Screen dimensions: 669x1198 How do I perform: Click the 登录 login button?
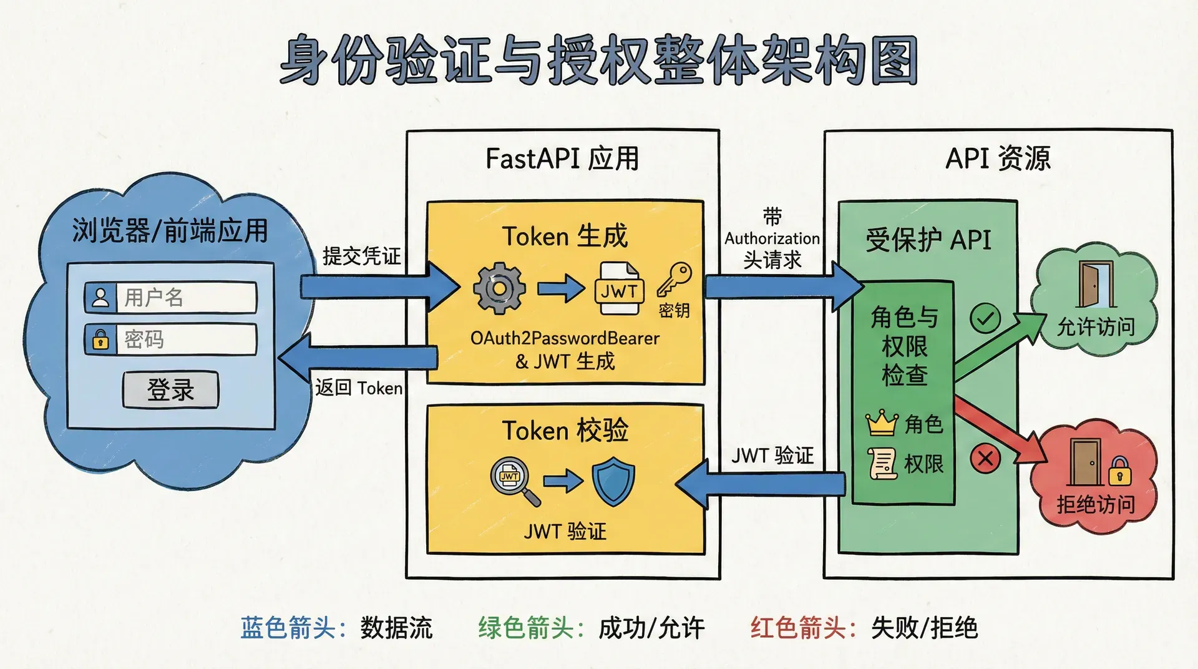pyautogui.click(x=170, y=390)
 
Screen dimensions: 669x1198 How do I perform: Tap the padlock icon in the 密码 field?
pyautogui.click(x=100, y=340)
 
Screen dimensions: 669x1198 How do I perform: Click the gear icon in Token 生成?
pyautogui.click(x=499, y=288)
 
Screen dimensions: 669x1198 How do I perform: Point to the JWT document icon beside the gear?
pyautogui.click(x=619, y=288)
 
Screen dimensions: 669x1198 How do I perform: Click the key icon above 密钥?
pyautogui.click(x=674, y=280)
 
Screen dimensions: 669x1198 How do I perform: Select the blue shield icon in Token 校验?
pyautogui.click(x=613, y=481)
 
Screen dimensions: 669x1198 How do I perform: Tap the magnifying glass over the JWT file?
pyautogui.click(x=513, y=479)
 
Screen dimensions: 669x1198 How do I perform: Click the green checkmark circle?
pyautogui.click(x=985, y=320)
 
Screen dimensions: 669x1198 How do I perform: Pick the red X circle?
pyautogui.click(x=985, y=459)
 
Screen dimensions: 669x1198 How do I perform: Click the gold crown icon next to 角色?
pyautogui.click(x=882, y=423)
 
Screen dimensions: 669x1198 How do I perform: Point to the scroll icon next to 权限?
pyautogui.click(x=883, y=464)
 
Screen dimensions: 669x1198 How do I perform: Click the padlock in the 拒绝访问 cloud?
pyautogui.click(x=1119, y=472)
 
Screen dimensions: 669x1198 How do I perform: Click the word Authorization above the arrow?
pyautogui.click(x=772, y=238)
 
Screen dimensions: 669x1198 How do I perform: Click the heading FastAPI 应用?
pyautogui.click(x=562, y=159)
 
